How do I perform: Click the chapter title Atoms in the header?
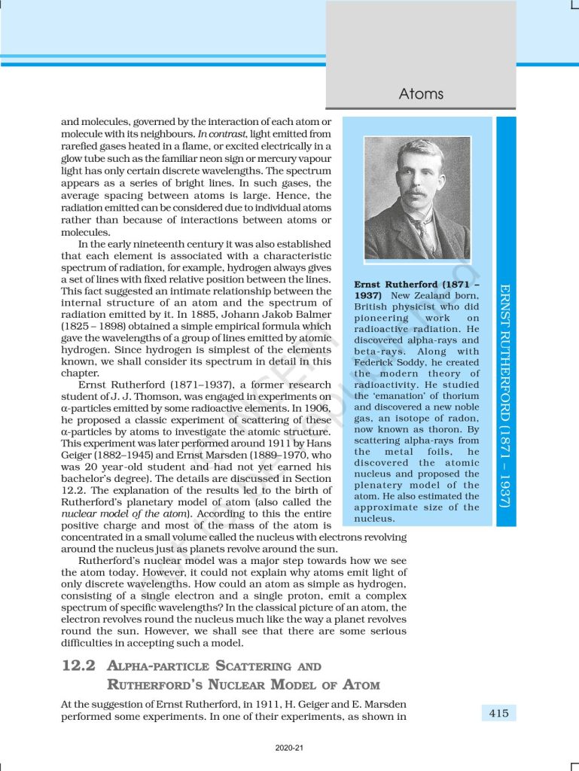[421, 94]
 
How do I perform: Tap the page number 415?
[498, 713]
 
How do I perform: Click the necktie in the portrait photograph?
[429, 235]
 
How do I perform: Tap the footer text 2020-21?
[289, 748]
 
